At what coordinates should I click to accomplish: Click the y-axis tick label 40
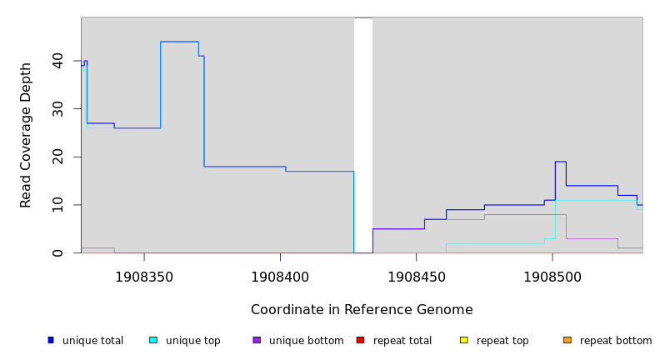pos(57,61)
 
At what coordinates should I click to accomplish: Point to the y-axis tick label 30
pos(57,109)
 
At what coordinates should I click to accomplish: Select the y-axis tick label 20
pos(57,157)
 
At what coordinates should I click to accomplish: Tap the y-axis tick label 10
pos(57,205)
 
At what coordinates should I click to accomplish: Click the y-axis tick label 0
pos(57,252)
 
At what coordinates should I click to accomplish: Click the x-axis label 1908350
pos(144,277)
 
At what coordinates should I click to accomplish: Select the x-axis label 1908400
pos(280,277)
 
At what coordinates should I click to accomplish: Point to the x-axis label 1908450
pos(416,277)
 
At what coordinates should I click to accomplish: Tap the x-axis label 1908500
pos(552,277)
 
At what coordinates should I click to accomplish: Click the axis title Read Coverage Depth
pos(26,135)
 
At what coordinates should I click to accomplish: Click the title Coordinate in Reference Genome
pos(362,310)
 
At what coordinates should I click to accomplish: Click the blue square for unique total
pos(51,340)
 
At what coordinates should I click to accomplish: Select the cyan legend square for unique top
pos(153,340)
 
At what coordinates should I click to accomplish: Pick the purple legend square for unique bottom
pos(257,340)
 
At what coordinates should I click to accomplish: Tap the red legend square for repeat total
pos(360,340)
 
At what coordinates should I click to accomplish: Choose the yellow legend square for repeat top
pos(463,340)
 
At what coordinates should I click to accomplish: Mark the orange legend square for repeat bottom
pos(567,340)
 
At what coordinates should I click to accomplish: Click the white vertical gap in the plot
pos(363,133)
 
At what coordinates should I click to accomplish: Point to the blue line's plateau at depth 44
pos(179,42)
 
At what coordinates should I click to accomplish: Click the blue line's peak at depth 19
pos(560,162)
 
